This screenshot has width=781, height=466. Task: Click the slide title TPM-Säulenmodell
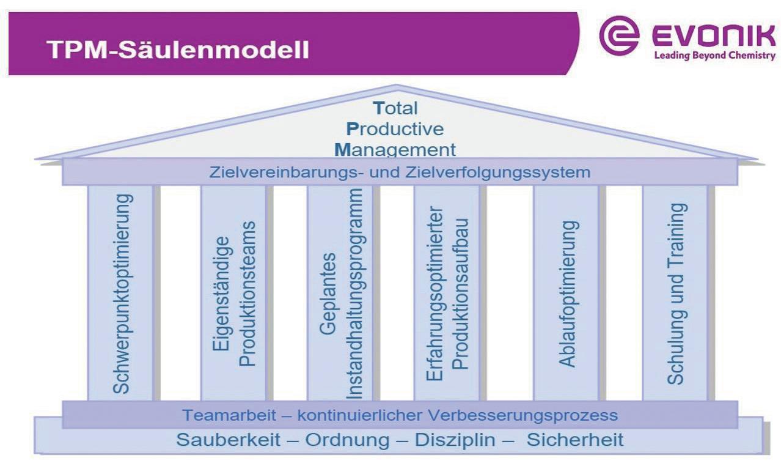[178, 50]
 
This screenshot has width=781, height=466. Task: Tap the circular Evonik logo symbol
[619, 35]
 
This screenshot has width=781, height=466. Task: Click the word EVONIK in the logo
[714, 35]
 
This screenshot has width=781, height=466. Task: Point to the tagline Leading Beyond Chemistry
[715, 56]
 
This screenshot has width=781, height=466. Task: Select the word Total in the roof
[395, 108]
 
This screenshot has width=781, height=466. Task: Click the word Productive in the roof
[395, 129]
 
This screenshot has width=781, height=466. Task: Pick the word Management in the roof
[395, 150]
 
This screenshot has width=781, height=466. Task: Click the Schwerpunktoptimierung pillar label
[122, 294]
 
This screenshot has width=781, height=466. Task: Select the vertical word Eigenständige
[221, 294]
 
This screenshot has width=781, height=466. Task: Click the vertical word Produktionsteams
[248, 294]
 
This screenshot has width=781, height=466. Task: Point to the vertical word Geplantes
[328, 294]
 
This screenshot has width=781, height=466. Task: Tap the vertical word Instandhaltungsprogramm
[354, 294]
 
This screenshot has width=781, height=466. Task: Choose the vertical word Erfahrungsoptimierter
[435, 294]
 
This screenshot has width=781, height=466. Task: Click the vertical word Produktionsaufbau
[460, 294]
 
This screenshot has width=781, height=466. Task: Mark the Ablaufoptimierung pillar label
[568, 294]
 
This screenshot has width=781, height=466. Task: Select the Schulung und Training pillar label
[676, 294]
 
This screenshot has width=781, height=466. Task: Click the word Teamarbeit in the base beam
[229, 415]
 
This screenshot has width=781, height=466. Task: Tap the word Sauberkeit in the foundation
[228, 440]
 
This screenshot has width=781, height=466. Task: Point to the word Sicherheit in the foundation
[575, 440]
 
